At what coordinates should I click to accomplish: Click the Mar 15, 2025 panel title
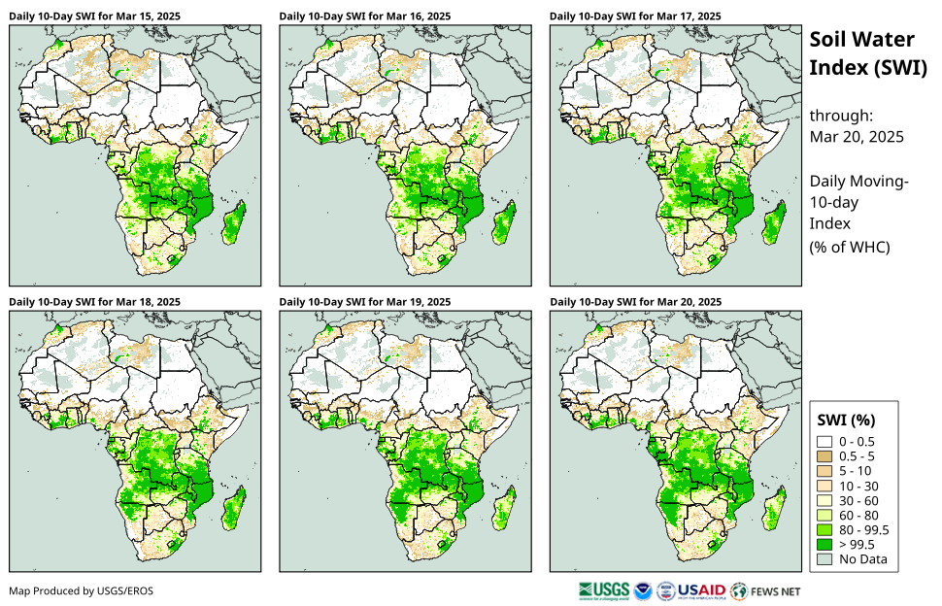[95, 17]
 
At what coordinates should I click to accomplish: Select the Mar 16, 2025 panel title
[365, 17]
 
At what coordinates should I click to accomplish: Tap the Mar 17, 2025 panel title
[635, 17]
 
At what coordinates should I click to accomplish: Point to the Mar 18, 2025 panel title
[95, 302]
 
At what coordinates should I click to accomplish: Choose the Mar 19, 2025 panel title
[365, 302]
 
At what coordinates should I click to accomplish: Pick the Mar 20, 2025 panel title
[635, 302]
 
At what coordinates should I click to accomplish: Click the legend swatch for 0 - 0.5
[824, 442]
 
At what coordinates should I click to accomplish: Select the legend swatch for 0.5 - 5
[824, 456]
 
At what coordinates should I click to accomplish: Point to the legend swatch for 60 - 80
[824, 515]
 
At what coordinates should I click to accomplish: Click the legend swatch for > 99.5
[824, 544]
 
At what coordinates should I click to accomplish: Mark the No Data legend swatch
[824, 558]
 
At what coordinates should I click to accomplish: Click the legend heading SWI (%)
[847, 421]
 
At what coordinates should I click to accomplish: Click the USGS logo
[603, 589]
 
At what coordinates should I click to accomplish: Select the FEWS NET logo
[766, 589]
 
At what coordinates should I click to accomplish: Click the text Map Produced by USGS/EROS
[81, 590]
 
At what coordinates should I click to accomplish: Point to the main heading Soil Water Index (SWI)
[862, 53]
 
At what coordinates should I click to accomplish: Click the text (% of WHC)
[850, 247]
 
